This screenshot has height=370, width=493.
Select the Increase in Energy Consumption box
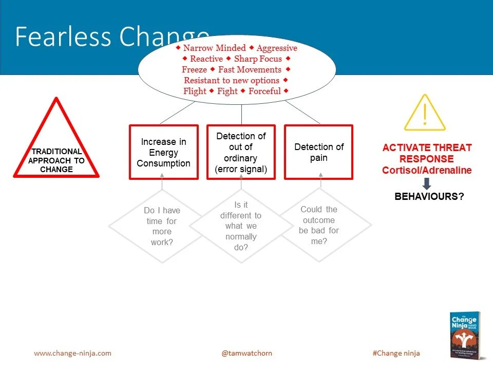click(163, 152)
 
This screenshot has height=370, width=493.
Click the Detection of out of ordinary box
click(241, 152)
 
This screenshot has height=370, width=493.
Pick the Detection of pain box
click(318, 152)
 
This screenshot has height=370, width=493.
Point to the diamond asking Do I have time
click(162, 226)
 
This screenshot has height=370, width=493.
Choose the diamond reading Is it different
click(241, 226)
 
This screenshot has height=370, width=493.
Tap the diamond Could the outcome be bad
click(319, 225)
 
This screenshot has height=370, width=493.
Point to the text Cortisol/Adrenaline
click(426, 171)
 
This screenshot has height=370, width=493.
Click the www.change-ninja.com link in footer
click(72, 353)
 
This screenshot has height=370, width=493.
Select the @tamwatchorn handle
click(246, 353)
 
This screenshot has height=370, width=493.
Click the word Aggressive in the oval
click(277, 48)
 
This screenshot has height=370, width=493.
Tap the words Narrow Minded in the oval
click(215, 48)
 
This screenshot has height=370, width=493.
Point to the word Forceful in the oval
click(264, 91)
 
